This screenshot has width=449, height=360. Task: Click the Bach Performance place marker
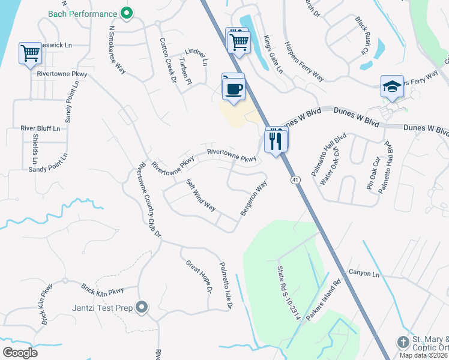point(126,13)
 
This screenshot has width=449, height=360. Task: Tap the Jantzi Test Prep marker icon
point(142,307)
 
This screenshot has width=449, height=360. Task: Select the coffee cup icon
point(234,89)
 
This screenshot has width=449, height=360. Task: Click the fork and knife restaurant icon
point(276,140)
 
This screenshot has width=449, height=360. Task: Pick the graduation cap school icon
point(392,87)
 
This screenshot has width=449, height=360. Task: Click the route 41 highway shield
point(295,180)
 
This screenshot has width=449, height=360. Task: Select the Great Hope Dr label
point(199,277)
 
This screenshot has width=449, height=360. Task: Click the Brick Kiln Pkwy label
point(103,290)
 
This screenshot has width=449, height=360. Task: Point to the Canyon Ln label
point(364,274)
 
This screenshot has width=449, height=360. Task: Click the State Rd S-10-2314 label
point(288,294)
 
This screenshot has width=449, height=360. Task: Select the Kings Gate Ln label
point(273,54)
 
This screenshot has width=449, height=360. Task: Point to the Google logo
point(20,353)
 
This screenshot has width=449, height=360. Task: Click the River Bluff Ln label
point(40,128)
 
